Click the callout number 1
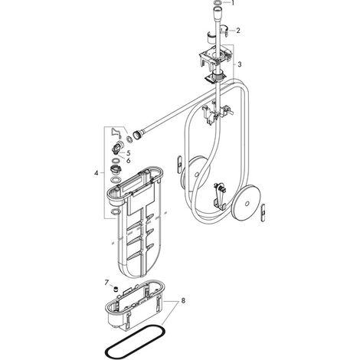232,3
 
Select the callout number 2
238,31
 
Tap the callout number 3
239,64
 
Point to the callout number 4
96,173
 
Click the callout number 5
128,153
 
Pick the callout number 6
128,161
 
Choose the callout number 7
106,283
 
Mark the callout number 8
183,301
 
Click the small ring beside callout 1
217,3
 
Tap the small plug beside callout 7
116,290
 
